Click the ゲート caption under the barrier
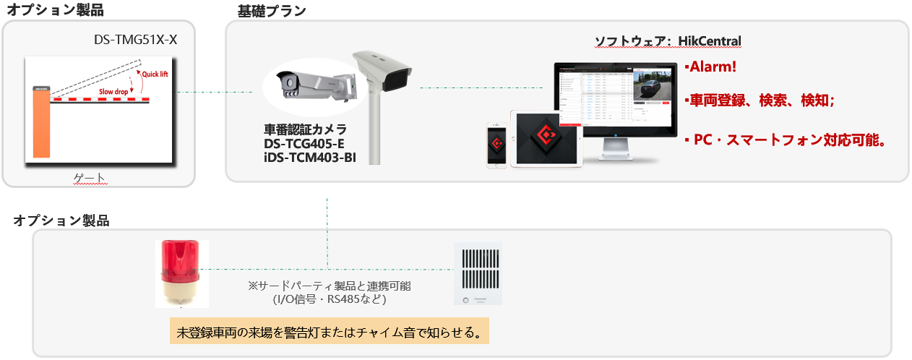click(x=90, y=177)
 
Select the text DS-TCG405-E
click(x=304, y=143)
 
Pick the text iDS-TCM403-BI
click(x=310, y=156)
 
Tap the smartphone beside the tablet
click(x=496, y=144)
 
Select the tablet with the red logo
click(x=546, y=139)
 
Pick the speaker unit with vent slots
click(x=477, y=273)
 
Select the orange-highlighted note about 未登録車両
click(x=329, y=332)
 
